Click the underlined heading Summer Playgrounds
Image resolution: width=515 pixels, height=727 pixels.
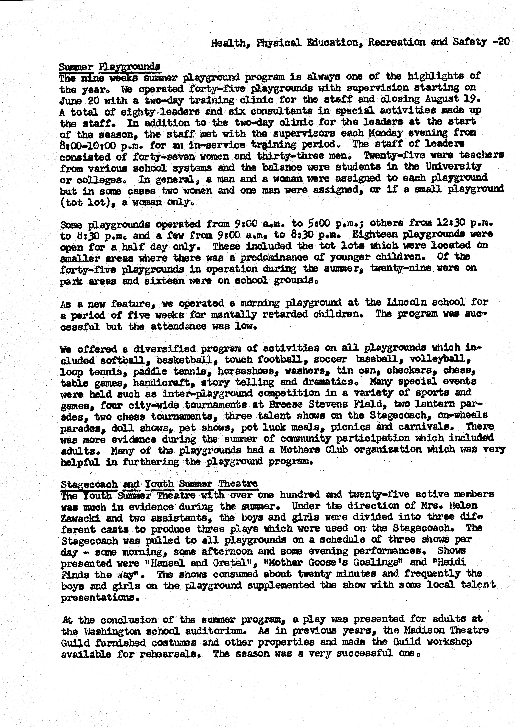click(109, 67)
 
